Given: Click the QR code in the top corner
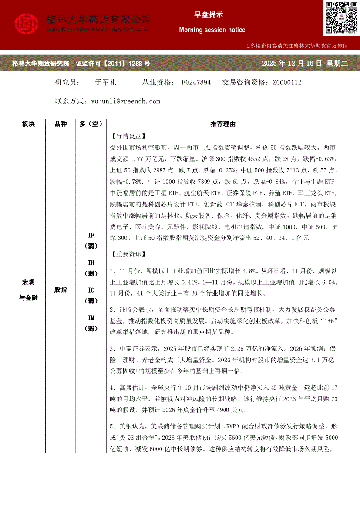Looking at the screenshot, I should point(341,18).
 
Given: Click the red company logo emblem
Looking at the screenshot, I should point(27,24).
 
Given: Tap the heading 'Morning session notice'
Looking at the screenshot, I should point(212,30).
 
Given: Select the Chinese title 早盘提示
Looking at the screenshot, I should point(209,14).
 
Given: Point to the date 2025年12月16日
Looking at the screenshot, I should point(292,64).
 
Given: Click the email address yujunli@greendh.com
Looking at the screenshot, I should point(126,101).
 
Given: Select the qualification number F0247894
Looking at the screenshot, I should point(196,82).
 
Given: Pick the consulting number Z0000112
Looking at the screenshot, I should point(287,82).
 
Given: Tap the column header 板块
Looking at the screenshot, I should point(28,124).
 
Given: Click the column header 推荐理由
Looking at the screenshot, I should point(223,124).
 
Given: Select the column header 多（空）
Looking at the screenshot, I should point(91,124).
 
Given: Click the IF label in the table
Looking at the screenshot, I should point(91,236).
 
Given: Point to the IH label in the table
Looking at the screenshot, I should point(91,263).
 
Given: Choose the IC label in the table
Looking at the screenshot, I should point(91,290).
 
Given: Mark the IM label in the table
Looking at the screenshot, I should point(91,318).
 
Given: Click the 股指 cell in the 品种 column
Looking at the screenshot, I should point(61,290).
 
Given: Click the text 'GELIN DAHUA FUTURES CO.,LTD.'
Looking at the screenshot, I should point(98,29).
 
